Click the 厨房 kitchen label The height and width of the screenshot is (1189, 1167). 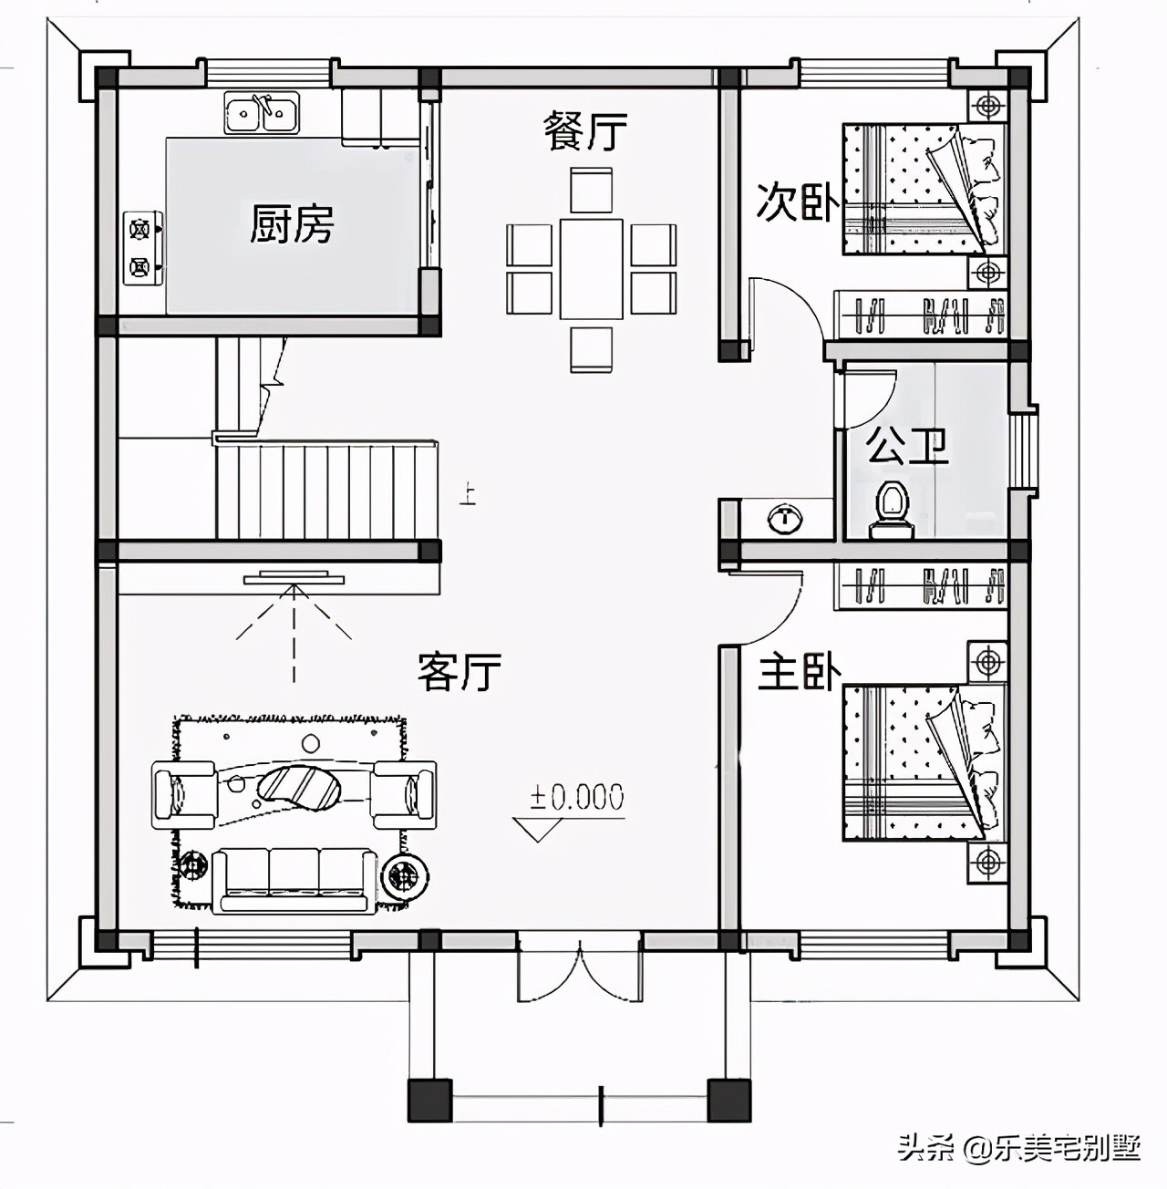pyautogui.click(x=291, y=224)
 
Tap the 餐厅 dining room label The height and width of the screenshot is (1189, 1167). pyautogui.click(x=584, y=131)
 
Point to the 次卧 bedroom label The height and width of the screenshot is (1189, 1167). pyautogui.click(x=798, y=202)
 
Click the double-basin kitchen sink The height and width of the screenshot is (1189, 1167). pyautogui.click(x=262, y=113)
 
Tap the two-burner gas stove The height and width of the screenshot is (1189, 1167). pyautogui.click(x=144, y=248)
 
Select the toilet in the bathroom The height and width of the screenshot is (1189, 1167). pyautogui.click(x=892, y=511)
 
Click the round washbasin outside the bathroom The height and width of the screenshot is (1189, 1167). pyautogui.click(x=786, y=516)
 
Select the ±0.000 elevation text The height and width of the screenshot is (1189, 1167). pyautogui.click(x=577, y=796)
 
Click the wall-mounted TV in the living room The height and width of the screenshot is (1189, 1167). pyautogui.click(x=294, y=577)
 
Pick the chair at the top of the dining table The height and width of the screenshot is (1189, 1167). pyautogui.click(x=591, y=190)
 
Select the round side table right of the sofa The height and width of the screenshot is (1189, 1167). pyautogui.click(x=404, y=874)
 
